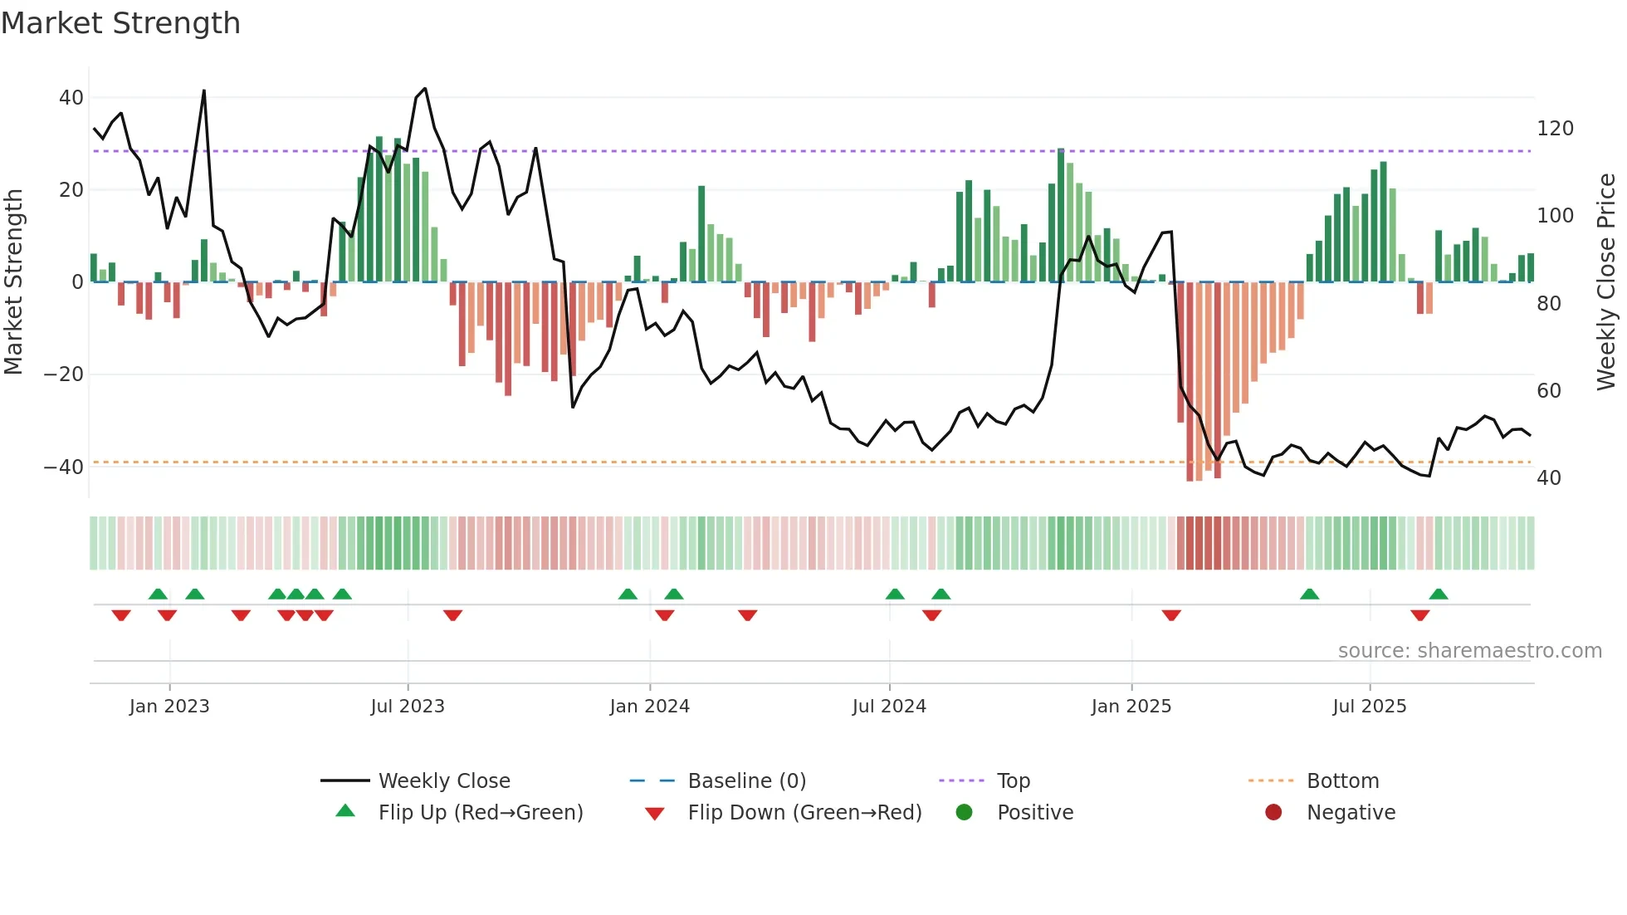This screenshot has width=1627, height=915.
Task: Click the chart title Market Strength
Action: (120, 23)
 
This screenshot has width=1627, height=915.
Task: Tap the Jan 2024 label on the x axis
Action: (649, 707)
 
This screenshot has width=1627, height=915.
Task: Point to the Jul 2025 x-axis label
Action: (1369, 707)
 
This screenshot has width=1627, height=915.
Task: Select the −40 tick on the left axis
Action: (63, 467)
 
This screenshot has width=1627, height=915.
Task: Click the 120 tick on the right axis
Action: (1555, 129)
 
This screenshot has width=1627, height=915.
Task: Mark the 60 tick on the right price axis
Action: (1549, 391)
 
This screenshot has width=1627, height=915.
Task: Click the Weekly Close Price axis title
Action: (1606, 282)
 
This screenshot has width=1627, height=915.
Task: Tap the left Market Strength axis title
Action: (14, 282)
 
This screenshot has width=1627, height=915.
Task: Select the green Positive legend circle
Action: (964, 813)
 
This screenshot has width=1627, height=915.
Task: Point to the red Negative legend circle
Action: (1273, 813)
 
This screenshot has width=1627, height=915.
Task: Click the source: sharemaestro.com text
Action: (1469, 651)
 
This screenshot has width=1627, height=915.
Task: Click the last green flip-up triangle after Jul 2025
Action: (1439, 595)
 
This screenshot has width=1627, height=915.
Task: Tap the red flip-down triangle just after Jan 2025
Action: (1171, 615)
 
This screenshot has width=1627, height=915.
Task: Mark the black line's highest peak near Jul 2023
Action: (425, 89)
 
